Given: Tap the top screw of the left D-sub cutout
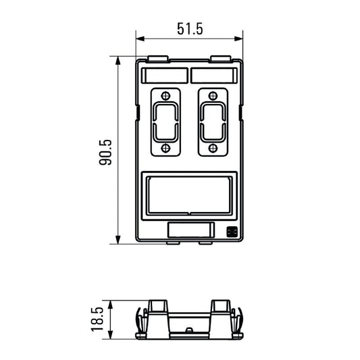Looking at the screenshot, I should tap(164, 95).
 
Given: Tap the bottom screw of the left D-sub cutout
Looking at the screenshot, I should tap(164, 148).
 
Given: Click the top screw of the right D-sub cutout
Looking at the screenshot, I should tap(213, 95).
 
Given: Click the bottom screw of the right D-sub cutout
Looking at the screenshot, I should tap(213, 148).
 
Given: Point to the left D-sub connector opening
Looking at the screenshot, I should tap(164, 121).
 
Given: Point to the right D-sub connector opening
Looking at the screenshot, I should tap(213, 121).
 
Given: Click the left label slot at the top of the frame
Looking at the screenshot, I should tap(165, 75).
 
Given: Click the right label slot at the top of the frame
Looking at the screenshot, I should tap(214, 75).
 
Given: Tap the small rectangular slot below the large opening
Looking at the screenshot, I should tap(189, 231).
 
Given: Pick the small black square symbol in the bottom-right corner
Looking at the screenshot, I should tap(231, 232).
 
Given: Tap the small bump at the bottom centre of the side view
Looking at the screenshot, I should tap(190, 330).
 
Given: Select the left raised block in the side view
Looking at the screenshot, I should tap(159, 309).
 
